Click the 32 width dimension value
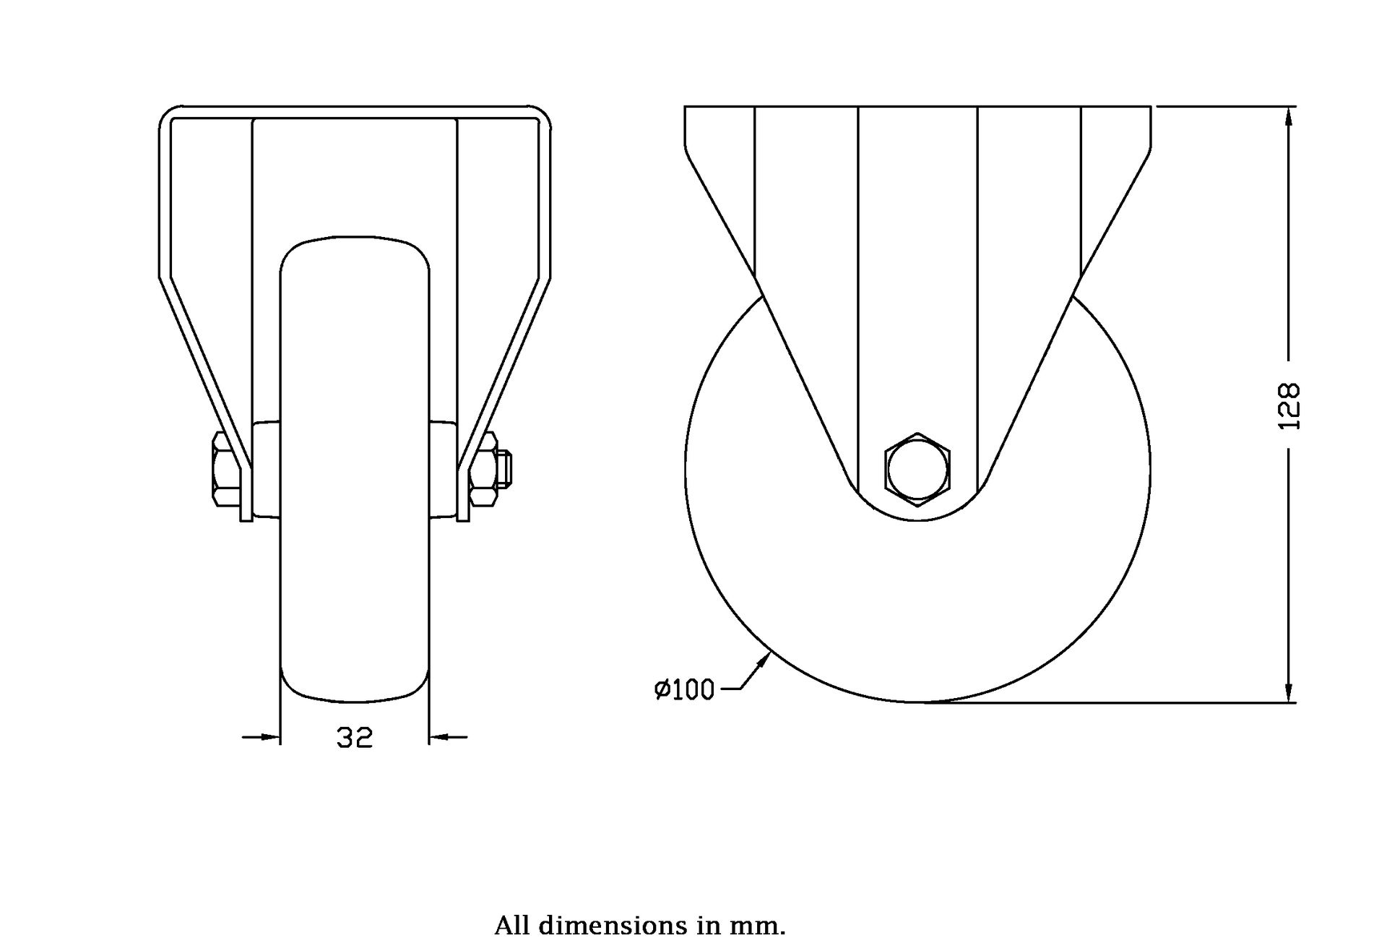(354, 738)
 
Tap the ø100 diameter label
(684, 690)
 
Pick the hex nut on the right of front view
(483, 470)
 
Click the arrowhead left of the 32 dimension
(271, 737)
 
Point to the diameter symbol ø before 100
(662, 690)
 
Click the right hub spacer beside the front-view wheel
(442, 470)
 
